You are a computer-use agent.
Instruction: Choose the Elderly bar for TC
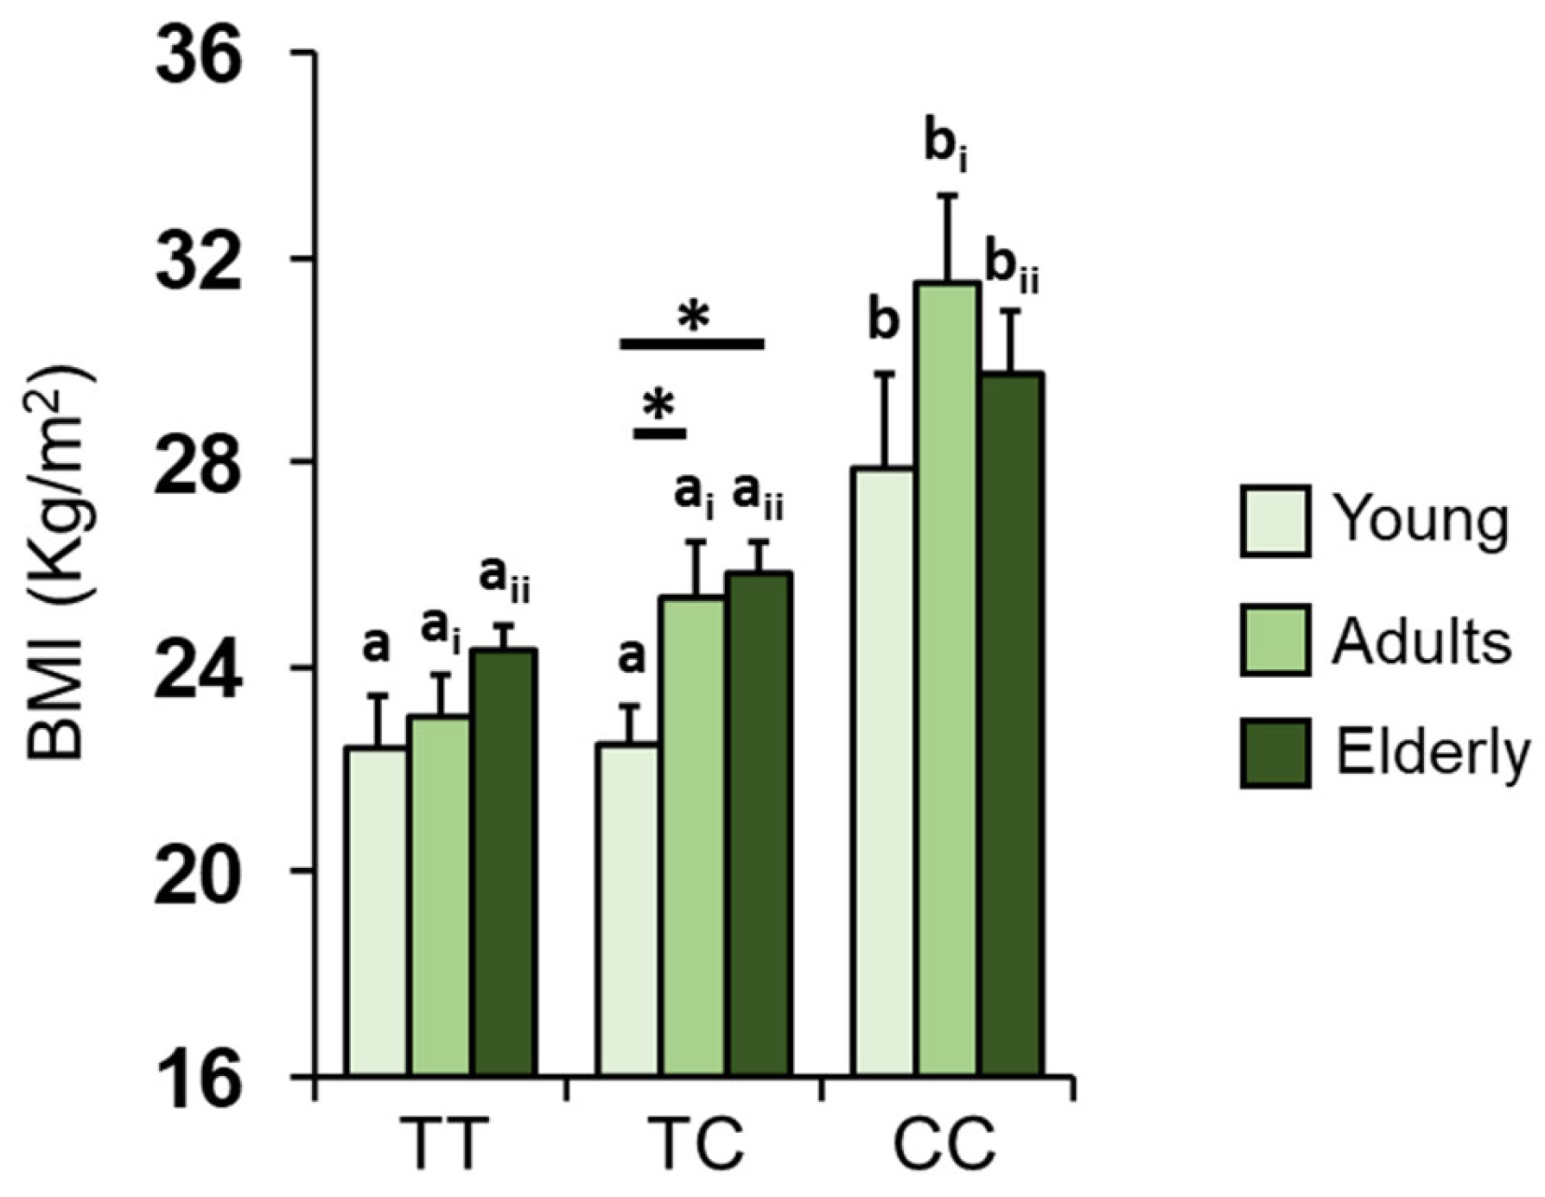click(759, 824)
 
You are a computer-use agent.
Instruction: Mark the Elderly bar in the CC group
click(1012, 725)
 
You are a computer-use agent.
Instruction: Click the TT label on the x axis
click(440, 1144)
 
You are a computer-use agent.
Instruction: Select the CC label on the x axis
click(944, 1144)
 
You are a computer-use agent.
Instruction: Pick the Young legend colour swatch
click(1275, 521)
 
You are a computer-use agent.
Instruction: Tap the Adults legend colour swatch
click(1275, 640)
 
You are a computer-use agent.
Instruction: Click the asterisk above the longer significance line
click(693, 317)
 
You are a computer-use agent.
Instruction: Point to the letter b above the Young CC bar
click(883, 322)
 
